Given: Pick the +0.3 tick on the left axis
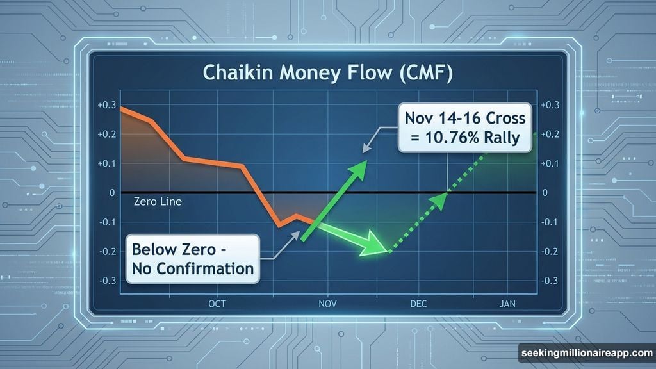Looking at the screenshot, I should click(106, 106).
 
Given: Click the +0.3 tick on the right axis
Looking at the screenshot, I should click(550, 106).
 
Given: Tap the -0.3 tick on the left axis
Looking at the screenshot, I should click(106, 281).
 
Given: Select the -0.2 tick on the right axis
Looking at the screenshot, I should click(550, 251).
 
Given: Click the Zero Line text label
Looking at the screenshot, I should click(158, 202).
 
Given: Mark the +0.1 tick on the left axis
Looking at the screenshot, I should click(106, 164).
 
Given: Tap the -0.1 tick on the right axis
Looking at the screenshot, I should click(550, 222).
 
